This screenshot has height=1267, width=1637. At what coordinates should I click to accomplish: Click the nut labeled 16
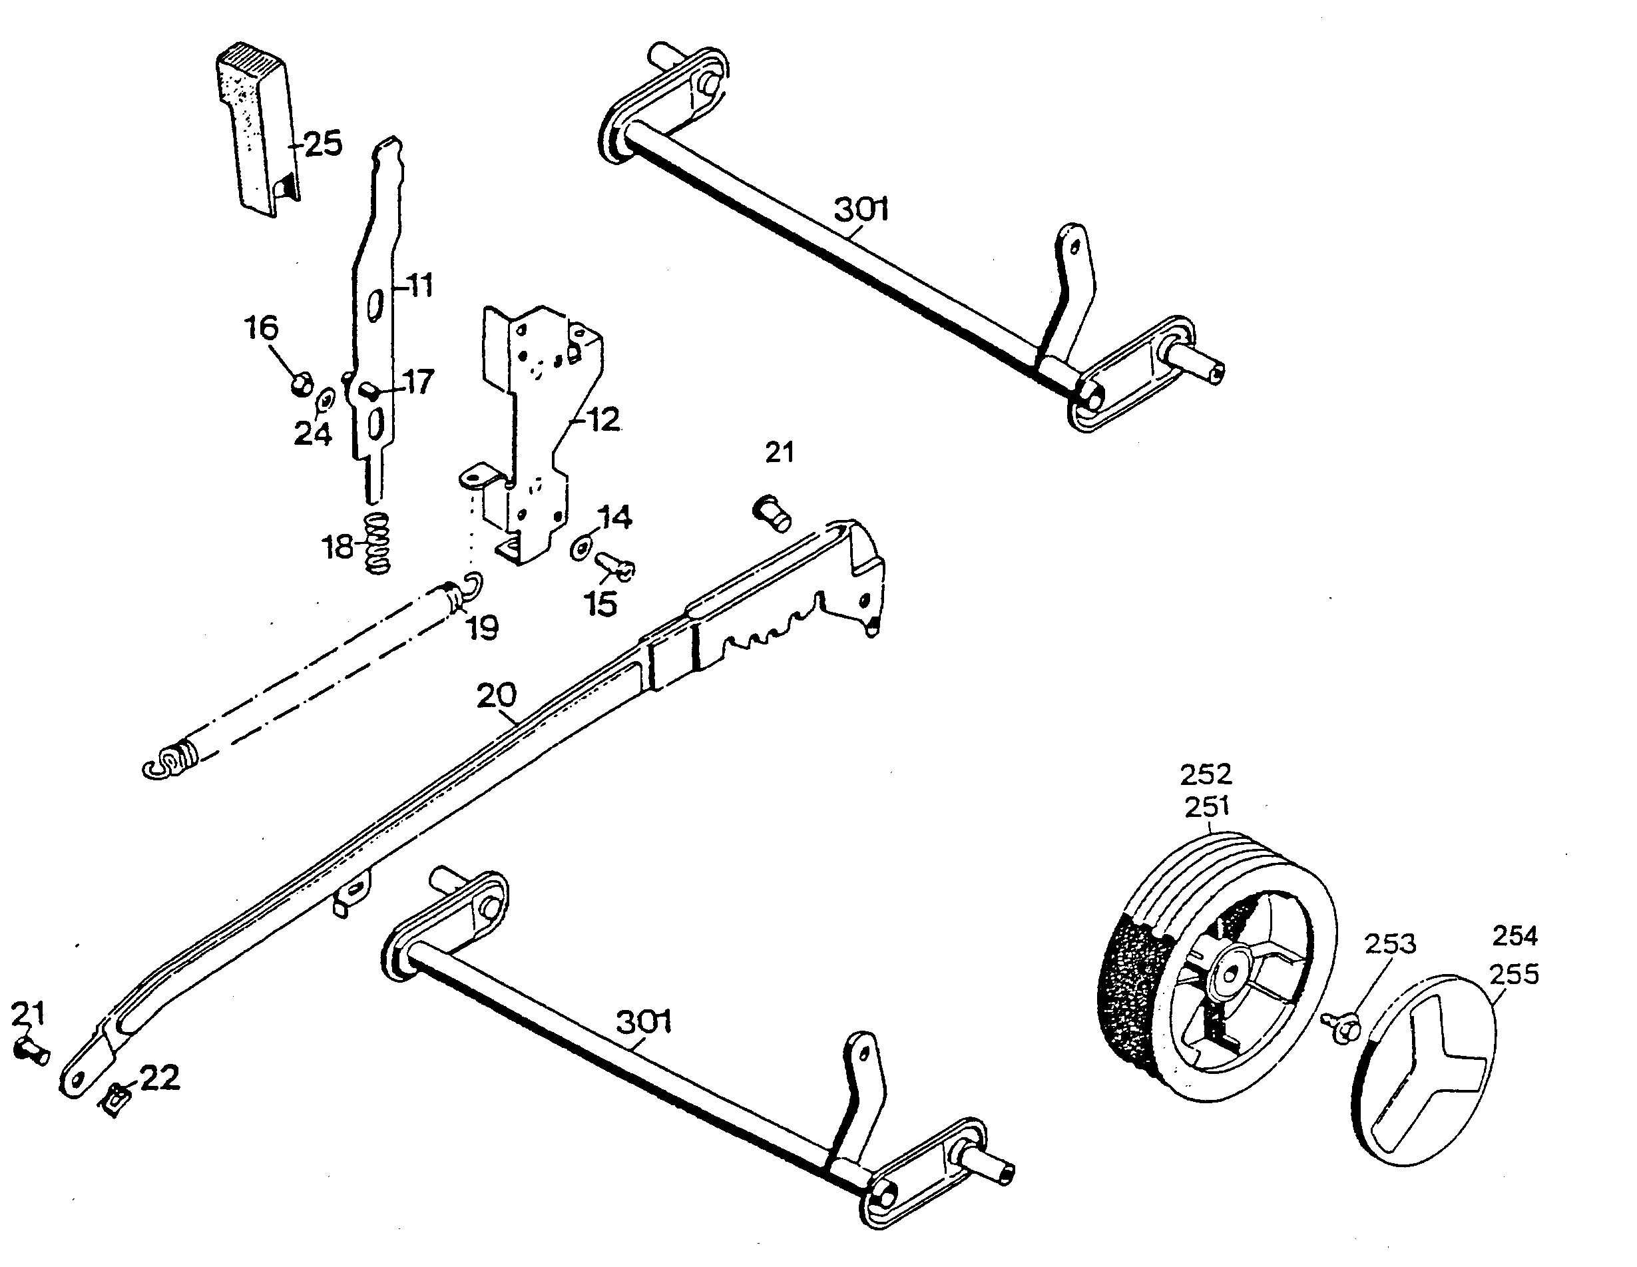pyautogui.click(x=302, y=385)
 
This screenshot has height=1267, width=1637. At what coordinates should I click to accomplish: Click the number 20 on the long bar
pyautogui.click(x=496, y=696)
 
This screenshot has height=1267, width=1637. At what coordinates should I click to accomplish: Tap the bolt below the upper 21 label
pyautogui.click(x=772, y=513)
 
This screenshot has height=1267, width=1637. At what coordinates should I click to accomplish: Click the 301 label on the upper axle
pyautogui.click(x=861, y=209)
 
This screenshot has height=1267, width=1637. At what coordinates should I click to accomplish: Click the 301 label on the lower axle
pyautogui.click(x=643, y=1021)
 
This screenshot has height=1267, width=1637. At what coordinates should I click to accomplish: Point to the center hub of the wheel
pyautogui.click(x=1230, y=975)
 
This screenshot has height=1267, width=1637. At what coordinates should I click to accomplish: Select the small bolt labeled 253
pyautogui.click(x=1341, y=1025)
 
